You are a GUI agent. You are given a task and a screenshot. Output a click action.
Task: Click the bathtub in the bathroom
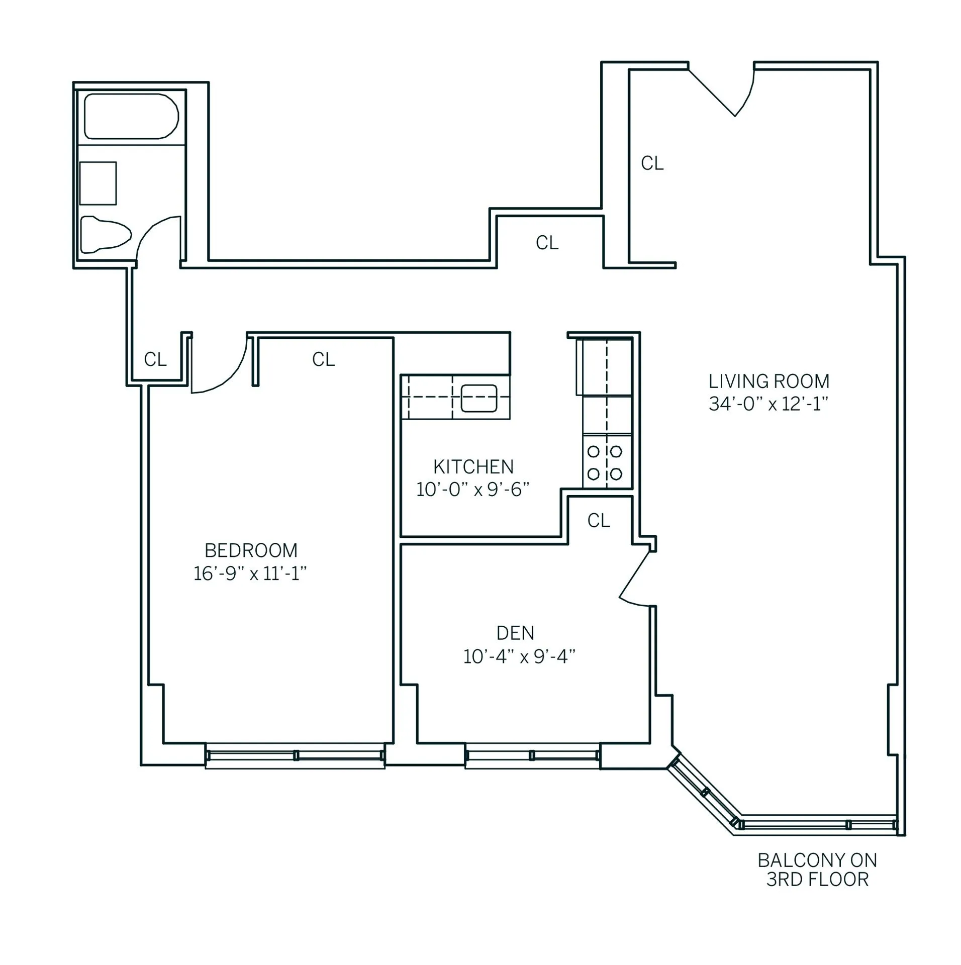tap(131, 117)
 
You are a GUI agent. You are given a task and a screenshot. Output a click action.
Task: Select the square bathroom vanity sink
tap(98, 183)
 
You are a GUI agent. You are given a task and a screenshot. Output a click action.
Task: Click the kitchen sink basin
tap(478, 398)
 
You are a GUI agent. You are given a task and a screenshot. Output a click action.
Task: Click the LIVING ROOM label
tap(768, 381)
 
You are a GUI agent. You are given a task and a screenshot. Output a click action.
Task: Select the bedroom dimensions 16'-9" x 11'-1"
tap(250, 573)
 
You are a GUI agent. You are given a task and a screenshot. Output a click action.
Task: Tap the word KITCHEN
tap(473, 467)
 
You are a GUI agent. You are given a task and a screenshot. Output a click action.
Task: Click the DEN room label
tap(515, 633)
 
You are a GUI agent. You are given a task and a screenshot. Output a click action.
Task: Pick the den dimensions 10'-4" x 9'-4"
tap(519, 656)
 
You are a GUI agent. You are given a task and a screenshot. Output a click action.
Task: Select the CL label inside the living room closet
tap(652, 163)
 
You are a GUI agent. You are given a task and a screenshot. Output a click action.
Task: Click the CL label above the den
tap(598, 521)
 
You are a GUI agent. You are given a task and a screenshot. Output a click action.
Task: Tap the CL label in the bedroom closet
tap(323, 359)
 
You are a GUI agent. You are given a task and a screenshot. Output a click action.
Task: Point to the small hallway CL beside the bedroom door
tap(155, 359)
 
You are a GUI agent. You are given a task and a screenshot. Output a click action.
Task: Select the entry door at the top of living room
tap(724, 93)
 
